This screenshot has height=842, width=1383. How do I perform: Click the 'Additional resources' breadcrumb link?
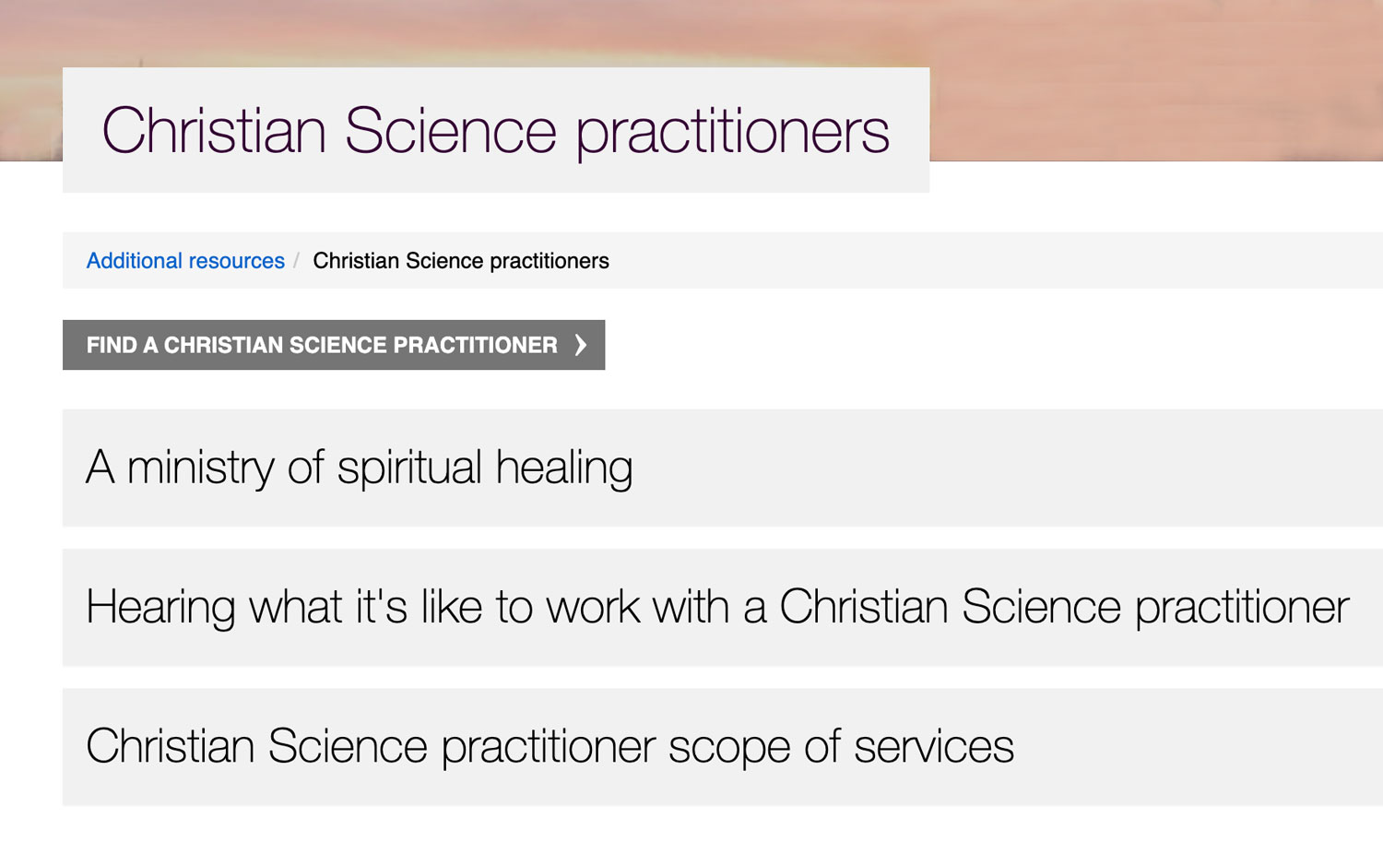point(185,261)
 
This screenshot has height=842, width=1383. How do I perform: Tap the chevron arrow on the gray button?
point(580,345)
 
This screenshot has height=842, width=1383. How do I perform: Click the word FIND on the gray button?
point(112,345)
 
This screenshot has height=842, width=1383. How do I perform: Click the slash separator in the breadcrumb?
point(296,261)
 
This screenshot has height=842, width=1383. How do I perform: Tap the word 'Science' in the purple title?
point(450,131)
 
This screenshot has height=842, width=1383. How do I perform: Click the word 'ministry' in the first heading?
point(200,468)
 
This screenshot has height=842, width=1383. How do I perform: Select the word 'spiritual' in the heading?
point(409,468)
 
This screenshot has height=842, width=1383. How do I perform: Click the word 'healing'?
point(564,468)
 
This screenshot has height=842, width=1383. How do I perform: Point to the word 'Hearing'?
point(160,608)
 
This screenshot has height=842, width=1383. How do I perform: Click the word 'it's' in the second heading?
point(382,608)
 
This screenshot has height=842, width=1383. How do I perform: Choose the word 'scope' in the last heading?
point(728,747)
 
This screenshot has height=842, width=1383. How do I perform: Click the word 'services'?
point(933,747)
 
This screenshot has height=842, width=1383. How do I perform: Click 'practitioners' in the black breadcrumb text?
point(550,261)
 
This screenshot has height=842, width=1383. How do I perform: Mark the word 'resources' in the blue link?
point(237,261)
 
